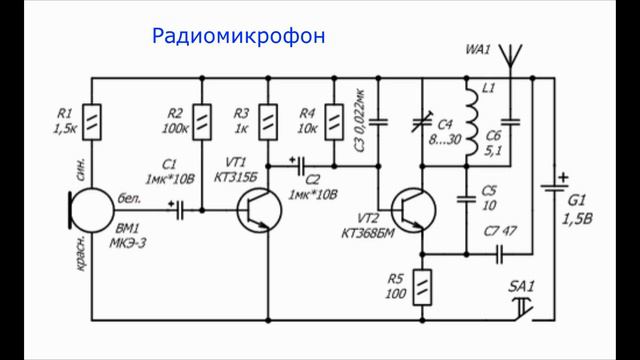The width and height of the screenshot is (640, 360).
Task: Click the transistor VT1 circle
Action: pyautogui.click(x=259, y=211)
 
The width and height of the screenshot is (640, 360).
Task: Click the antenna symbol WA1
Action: pyautogui.click(x=509, y=56)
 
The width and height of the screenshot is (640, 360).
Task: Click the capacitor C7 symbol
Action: pyautogui.click(x=500, y=254)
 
